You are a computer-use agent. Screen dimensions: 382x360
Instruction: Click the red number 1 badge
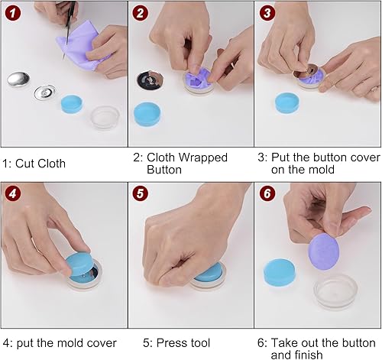[13, 13]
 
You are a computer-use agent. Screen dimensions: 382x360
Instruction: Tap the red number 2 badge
[140, 13]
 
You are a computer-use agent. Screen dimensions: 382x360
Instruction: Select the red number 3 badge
[267, 13]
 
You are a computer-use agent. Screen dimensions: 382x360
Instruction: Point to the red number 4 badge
[13, 193]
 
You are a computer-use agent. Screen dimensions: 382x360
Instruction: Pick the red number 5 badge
[140, 193]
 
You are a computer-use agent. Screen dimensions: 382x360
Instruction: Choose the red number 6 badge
[267, 193]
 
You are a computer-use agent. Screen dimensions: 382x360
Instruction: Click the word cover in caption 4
[102, 343]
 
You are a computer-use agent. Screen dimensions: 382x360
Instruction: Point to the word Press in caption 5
[171, 343]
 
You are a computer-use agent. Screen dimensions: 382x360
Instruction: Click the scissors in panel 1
[68, 28]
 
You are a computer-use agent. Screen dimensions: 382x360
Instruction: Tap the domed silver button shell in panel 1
[18, 79]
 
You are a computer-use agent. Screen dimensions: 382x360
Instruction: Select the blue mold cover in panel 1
[72, 104]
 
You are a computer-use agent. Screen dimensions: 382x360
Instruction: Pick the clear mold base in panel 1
[105, 118]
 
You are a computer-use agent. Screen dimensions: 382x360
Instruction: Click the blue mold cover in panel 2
[147, 114]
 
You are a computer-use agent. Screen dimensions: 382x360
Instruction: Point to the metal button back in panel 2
[150, 80]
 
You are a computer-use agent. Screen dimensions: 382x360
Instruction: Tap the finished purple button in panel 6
[323, 251]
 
